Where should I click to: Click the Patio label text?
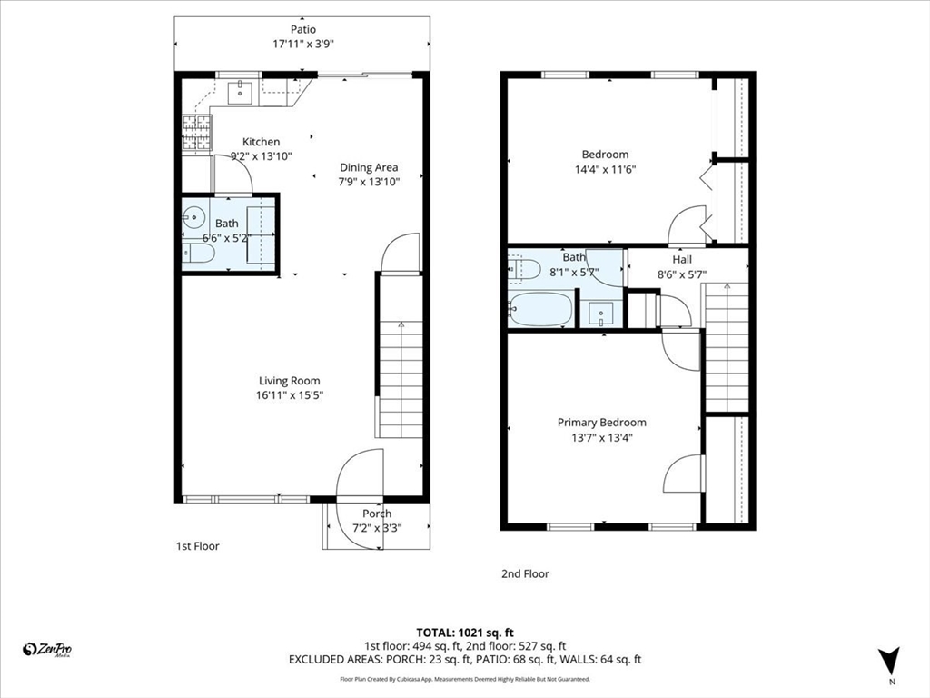point(303,29)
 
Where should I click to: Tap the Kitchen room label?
point(261,142)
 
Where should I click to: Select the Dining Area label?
point(369,167)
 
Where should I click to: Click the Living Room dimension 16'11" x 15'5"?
point(290,395)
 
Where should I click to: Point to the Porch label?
point(377,514)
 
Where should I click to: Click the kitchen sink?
point(241,92)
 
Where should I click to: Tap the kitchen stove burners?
point(196,133)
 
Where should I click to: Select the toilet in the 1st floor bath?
point(198,254)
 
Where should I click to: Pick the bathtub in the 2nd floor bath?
point(540,309)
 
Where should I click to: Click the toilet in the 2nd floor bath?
point(524,269)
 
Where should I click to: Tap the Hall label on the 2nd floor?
point(682,259)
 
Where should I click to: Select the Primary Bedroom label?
point(602,423)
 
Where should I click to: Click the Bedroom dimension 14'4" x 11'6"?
point(605,169)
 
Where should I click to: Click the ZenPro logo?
point(47,650)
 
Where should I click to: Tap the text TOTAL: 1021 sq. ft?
point(465,633)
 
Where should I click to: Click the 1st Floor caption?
point(197,546)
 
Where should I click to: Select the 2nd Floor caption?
point(526,574)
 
